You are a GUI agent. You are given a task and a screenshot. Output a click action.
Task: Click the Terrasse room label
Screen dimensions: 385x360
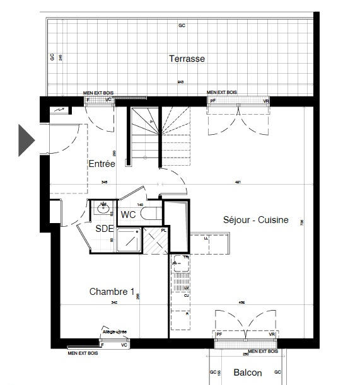pos(187,59)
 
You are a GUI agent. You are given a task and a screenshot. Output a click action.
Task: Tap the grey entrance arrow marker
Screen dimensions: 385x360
pos(26,140)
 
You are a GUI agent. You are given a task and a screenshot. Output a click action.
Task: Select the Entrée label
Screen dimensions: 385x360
pos(102,163)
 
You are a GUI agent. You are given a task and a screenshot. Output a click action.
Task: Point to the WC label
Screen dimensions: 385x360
pos(128,215)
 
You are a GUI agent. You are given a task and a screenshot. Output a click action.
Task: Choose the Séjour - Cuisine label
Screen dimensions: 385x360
pos(255,220)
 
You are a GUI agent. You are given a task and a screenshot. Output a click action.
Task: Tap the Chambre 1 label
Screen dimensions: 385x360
pos(112,291)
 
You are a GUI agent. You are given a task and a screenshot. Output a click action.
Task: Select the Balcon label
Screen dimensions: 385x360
pos(247,372)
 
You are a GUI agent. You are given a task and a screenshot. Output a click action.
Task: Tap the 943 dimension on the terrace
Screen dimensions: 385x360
pos(180,83)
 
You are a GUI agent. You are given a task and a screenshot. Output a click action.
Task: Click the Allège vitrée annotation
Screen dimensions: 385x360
pos(114,331)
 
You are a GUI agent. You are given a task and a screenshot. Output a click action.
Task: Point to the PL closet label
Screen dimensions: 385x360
pos(163,230)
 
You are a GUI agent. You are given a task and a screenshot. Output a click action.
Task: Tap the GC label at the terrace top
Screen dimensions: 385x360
pos(182,26)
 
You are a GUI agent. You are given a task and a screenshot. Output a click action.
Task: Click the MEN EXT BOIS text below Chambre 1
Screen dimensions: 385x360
pos(83,353)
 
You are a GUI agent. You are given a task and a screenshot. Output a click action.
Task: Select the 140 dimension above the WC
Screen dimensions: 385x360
pos(140,205)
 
